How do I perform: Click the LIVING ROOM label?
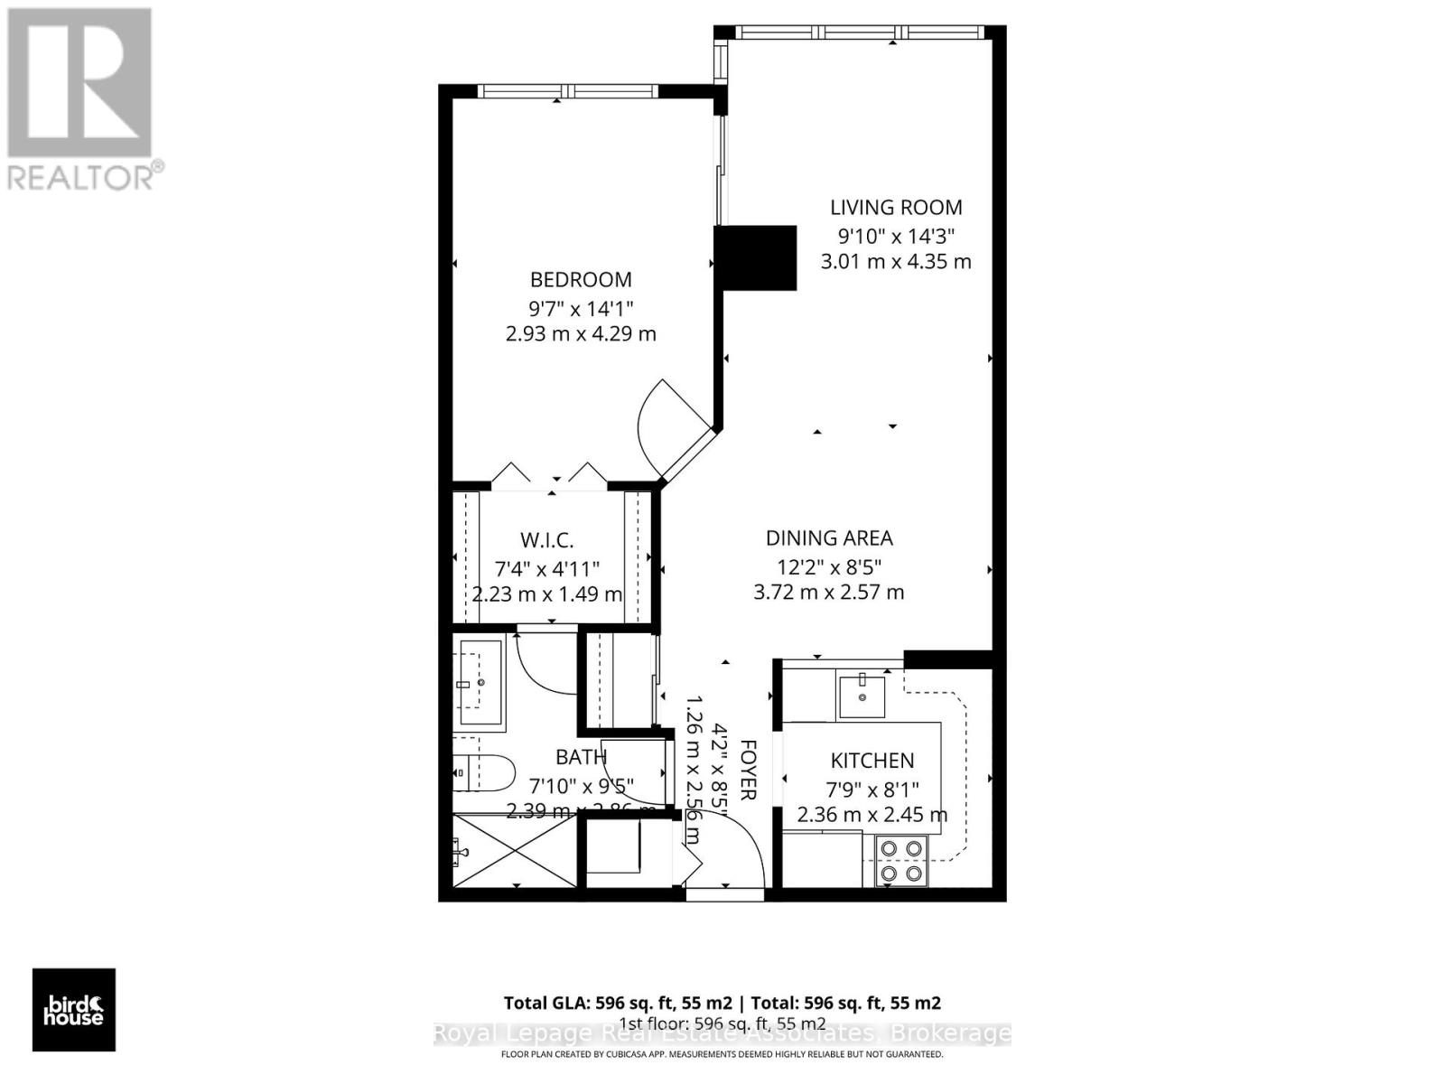[896, 208]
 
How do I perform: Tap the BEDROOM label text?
[581, 280]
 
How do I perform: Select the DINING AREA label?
[829, 538]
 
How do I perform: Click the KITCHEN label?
[872, 761]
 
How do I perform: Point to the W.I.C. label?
[547, 540]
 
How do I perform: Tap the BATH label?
[581, 757]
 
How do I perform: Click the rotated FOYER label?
[748, 770]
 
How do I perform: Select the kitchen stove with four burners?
[901, 861]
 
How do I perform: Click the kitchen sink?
[862, 695]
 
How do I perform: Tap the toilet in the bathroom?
[483, 774]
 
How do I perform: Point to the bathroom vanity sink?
[480, 683]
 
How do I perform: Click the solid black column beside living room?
[756, 257]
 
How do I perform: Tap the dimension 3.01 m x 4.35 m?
[896, 262]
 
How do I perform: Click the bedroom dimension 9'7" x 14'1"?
[581, 307]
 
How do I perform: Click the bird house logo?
[74, 1010]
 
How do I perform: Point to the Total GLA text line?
[722, 1003]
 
